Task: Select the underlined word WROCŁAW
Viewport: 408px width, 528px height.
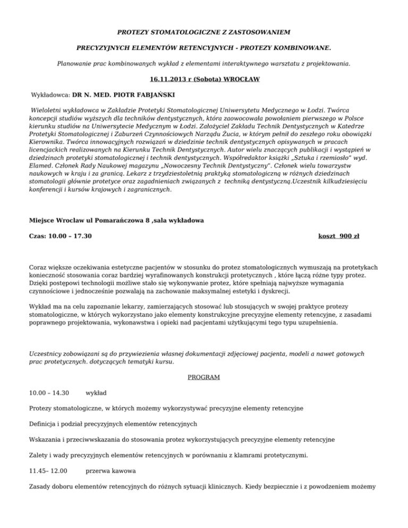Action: click(240, 81)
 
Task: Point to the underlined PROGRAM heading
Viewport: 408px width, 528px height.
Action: click(204, 378)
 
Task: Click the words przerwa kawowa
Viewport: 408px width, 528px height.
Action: click(111, 471)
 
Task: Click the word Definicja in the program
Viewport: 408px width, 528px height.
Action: click(44, 424)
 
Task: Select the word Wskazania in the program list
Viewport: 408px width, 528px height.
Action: click(46, 439)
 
